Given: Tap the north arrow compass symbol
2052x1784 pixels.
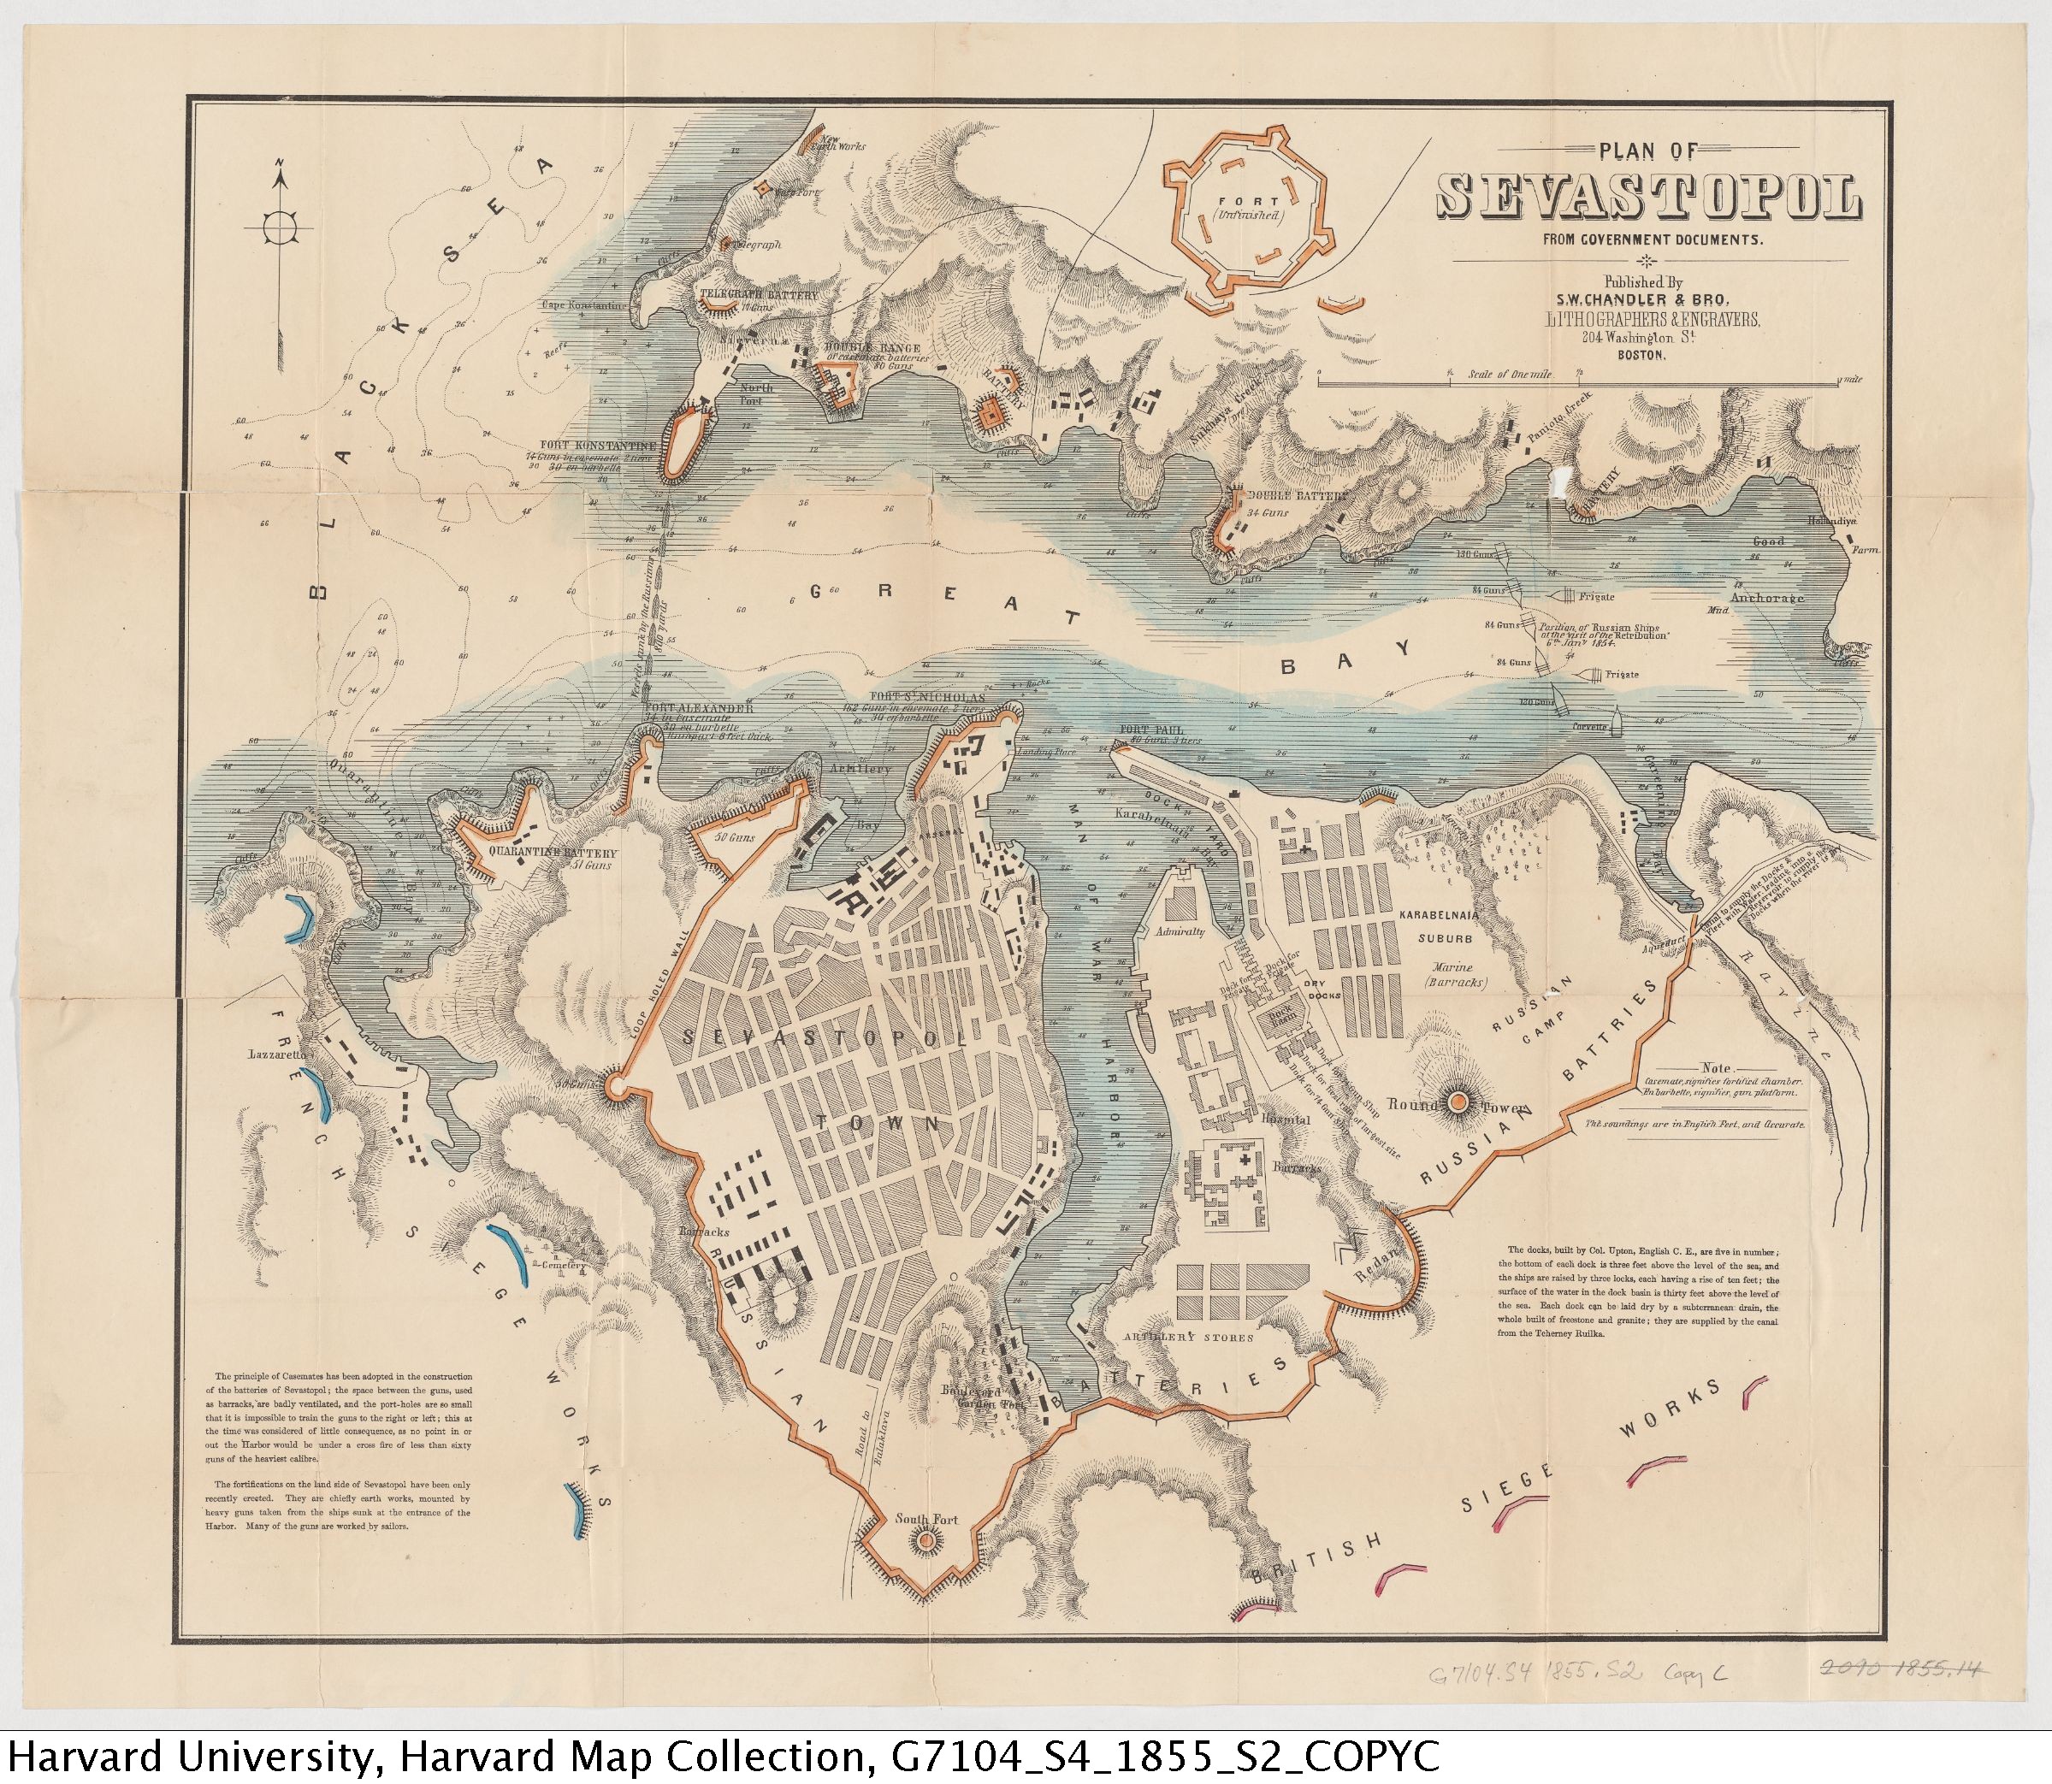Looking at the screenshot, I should point(280,226).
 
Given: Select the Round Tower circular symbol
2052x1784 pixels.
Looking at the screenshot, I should point(1458,1101).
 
